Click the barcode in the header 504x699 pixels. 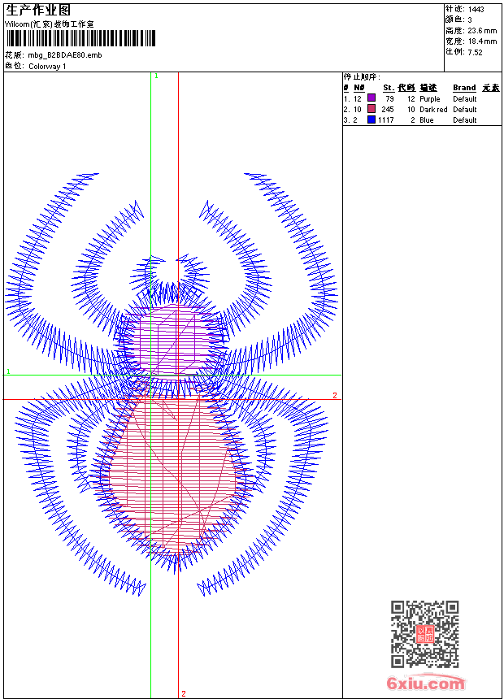[80, 38]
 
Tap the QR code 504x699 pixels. [424, 634]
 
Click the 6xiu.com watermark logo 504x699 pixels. [425, 683]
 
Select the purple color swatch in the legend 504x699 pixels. [371, 98]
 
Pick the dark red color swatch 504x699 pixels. [371, 108]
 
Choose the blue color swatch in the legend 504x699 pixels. [371, 119]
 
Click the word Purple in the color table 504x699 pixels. [429, 99]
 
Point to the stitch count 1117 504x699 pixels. [386, 120]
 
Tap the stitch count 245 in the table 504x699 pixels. [388, 109]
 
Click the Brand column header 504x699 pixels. [464, 88]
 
